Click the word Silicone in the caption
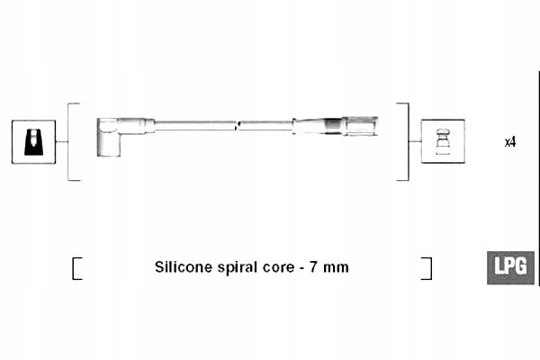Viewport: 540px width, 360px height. click(184, 267)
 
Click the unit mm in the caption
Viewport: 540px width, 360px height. click(337, 267)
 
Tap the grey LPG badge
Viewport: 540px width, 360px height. click(510, 267)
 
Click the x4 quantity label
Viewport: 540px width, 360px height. click(509, 142)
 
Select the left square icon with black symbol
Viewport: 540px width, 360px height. click(33, 141)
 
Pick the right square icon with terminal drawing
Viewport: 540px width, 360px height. click(443, 141)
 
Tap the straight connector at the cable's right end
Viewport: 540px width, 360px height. click(346, 124)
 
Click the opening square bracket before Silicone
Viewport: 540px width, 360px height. click(76, 268)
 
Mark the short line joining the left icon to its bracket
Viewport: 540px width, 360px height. click(62, 141)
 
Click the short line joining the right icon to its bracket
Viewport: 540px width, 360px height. click(415, 141)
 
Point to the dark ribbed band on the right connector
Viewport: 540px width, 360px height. click(334, 124)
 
